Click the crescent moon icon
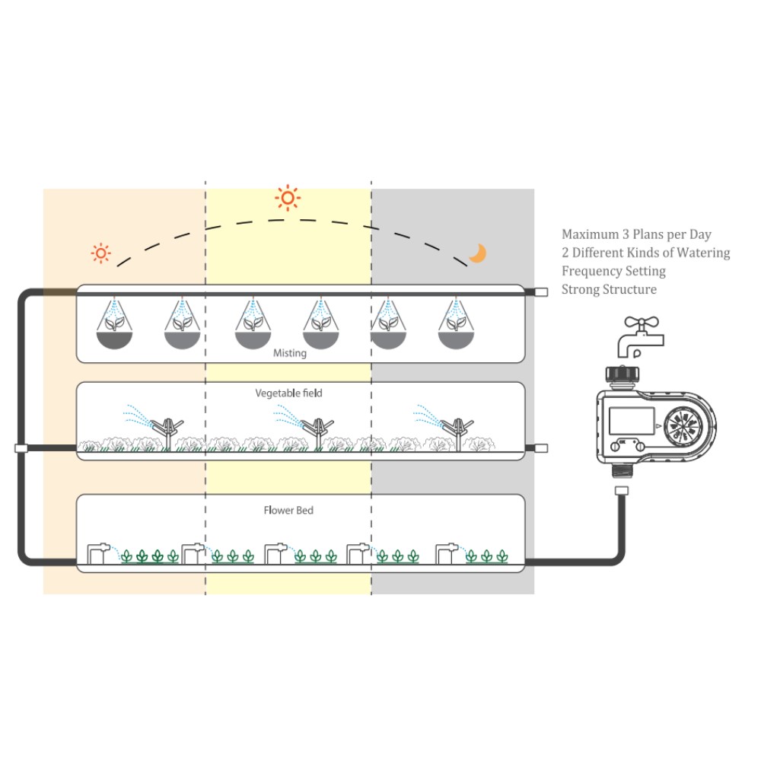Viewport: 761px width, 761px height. [x=477, y=253]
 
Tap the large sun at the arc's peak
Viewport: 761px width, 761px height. [x=287, y=198]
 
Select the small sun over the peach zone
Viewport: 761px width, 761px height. [x=100, y=253]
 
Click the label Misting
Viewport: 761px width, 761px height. [x=290, y=353]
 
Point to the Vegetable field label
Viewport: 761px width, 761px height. [x=288, y=393]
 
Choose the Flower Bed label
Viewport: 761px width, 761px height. [x=288, y=510]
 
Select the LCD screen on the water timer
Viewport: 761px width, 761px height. [x=632, y=423]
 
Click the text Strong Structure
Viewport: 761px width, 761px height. [x=609, y=289]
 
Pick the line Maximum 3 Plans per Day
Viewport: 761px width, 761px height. [x=636, y=234]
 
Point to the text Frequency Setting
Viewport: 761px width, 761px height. [x=613, y=271]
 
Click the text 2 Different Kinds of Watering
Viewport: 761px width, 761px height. [x=645, y=253]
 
